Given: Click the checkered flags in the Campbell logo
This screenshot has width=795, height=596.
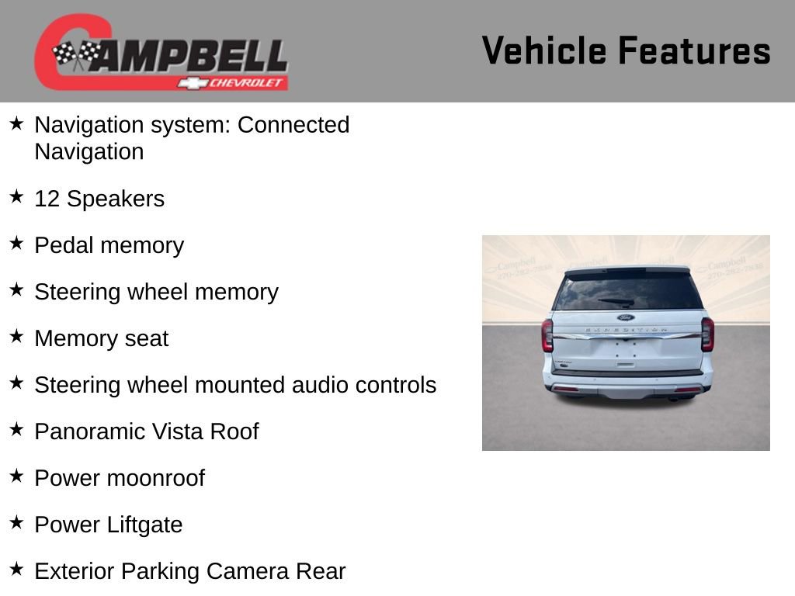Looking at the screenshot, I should [x=76, y=54].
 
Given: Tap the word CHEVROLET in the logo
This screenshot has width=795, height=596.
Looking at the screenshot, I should [x=246, y=82].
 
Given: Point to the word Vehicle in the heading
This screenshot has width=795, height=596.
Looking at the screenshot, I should [x=543, y=51].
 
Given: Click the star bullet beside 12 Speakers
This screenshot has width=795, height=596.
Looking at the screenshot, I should [x=17, y=197].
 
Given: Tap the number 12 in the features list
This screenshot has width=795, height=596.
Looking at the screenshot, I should [x=47, y=199].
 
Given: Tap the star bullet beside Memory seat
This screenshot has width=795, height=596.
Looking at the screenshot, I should [x=17, y=337].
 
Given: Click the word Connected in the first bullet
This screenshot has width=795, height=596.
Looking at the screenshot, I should [x=293, y=125].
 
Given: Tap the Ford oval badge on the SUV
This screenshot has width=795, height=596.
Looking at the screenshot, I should [x=626, y=317].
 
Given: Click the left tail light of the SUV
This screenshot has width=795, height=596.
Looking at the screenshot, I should [x=547, y=335].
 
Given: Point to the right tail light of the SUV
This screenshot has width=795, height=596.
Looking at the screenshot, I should [x=707, y=334].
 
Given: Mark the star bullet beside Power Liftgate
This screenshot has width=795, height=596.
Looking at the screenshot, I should [x=17, y=523].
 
